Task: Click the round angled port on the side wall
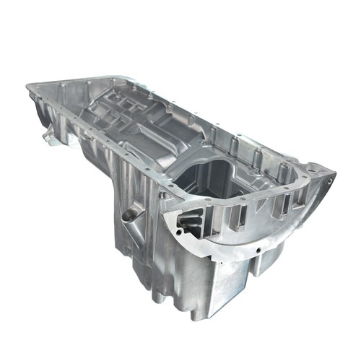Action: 130,214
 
